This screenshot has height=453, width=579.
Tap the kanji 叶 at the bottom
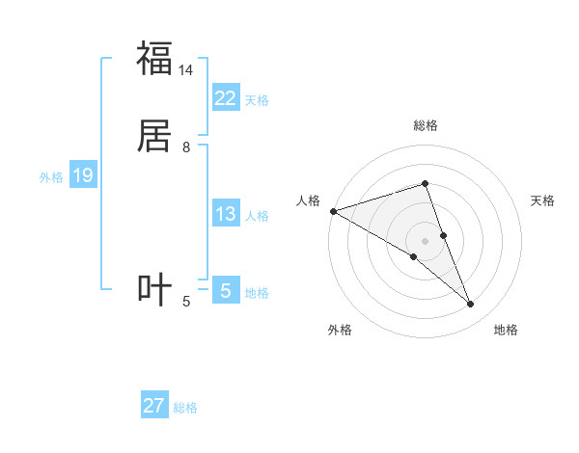[154, 290]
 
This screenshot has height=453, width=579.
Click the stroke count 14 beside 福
[186, 70]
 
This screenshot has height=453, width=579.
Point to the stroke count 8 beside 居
[186, 147]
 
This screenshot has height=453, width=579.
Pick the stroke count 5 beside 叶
[186, 303]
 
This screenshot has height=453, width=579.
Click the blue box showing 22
[225, 98]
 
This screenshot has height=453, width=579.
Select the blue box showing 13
[225, 215]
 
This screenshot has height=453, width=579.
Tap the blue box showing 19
[82, 176]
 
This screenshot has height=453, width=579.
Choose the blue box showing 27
[154, 406]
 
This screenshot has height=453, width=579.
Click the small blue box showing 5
[225, 291]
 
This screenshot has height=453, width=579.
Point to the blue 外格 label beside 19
[51, 177]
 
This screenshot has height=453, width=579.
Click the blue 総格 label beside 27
[185, 408]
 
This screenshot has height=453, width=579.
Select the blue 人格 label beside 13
[258, 216]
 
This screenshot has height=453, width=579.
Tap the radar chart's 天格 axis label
[543, 200]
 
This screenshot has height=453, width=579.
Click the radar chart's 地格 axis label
[506, 330]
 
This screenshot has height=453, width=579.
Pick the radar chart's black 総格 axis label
[426, 125]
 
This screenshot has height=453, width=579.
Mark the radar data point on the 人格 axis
[333, 211]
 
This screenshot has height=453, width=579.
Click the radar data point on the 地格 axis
[471, 305]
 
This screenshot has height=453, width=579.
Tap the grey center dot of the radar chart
[426, 240]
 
